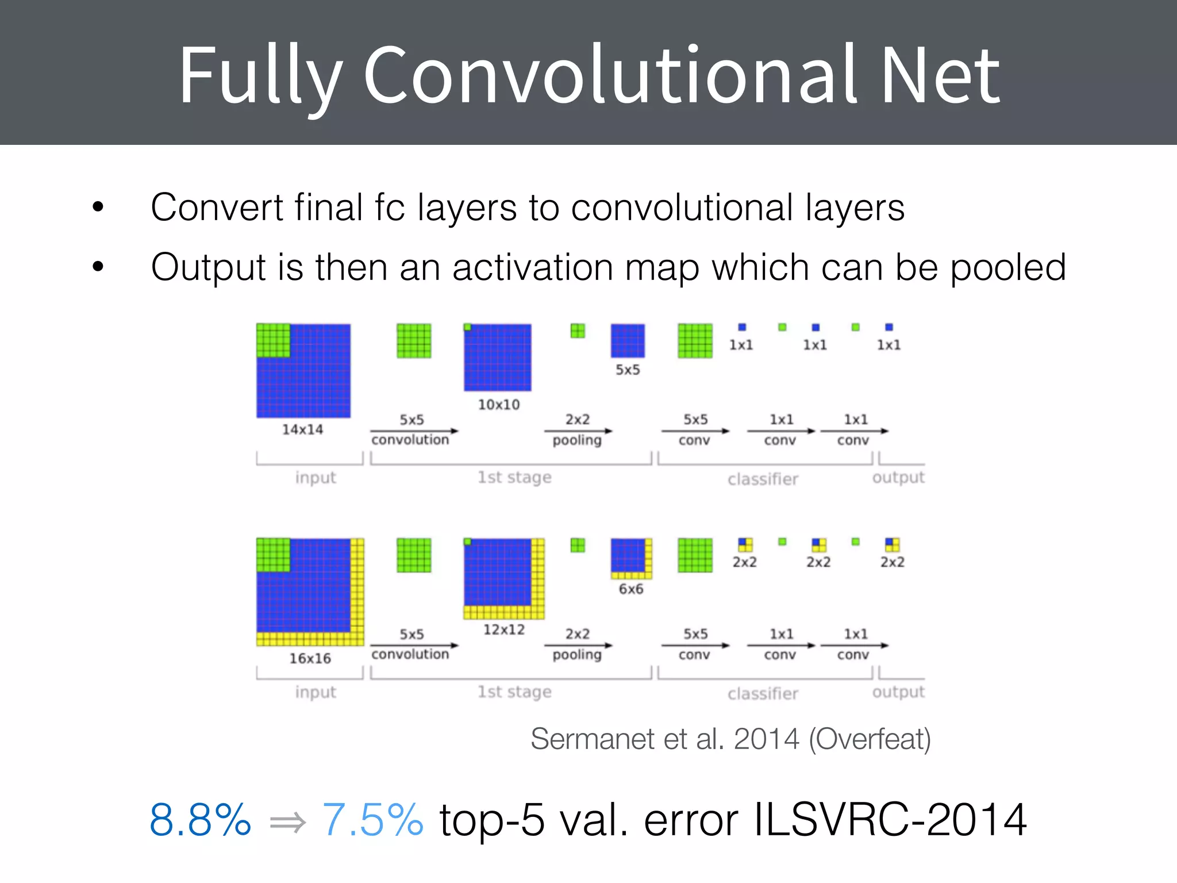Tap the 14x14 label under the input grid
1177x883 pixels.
[302, 429]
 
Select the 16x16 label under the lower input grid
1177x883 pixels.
[310, 658]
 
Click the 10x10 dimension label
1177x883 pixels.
[498, 405]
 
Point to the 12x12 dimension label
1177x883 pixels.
[503, 629]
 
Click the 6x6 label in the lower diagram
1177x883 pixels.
[630, 589]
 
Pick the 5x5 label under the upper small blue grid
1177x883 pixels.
[628, 370]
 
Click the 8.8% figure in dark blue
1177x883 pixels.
[200, 820]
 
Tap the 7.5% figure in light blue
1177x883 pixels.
[372, 820]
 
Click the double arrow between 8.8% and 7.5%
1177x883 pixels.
[287, 823]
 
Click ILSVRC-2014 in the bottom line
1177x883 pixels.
[890, 820]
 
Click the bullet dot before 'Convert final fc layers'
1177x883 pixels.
[98, 206]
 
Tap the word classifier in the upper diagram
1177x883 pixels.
[763, 479]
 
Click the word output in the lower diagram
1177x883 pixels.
[898, 692]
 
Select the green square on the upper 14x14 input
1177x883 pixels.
[273, 340]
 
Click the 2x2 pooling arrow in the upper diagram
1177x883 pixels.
[578, 431]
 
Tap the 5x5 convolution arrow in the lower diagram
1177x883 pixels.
[414, 645]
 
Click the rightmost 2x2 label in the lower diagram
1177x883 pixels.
[892, 562]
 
